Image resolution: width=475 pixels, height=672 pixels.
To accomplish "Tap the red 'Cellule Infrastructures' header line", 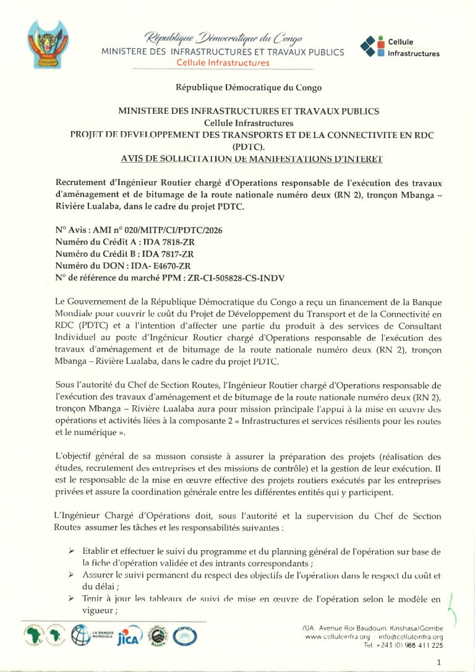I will pos(223,63).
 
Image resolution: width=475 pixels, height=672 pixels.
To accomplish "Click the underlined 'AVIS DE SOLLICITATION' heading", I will pos(252,159).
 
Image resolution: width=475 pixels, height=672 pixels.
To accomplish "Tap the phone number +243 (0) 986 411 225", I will pos(413,645).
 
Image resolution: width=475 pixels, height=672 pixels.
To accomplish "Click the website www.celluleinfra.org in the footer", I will pos(338,637).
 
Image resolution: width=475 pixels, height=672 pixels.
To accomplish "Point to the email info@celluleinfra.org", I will pos(412,637).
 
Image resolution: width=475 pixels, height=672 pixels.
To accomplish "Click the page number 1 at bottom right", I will pos(439,663).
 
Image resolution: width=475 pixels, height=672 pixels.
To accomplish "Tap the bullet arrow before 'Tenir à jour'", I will pos(72,598).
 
